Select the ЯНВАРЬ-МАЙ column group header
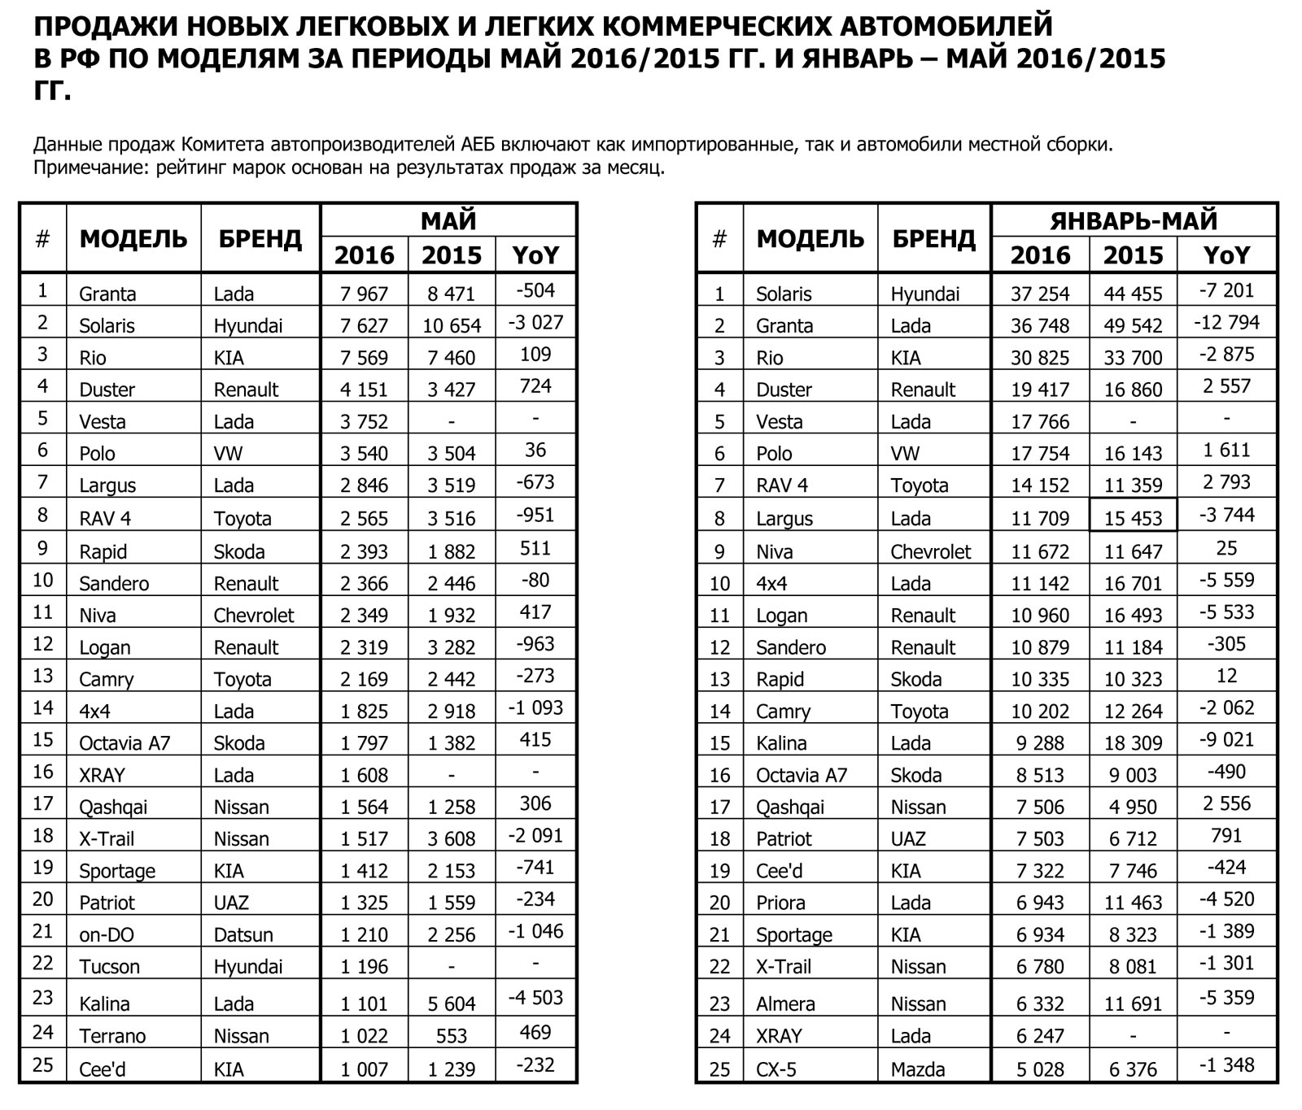[x=1134, y=220]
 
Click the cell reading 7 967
[x=364, y=294]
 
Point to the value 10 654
[x=452, y=325]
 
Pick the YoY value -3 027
[x=535, y=323]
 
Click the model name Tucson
[x=109, y=967]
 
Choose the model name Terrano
[x=112, y=1036]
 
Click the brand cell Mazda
[x=918, y=1069]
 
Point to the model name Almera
[x=785, y=1004]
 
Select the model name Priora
[x=780, y=903]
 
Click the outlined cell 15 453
[x=1133, y=518]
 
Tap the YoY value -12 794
[x=1226, y=323]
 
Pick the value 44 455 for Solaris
[x=1133, y=294]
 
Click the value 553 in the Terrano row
[x=451, y=1036]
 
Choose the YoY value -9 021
[x=1226, y=740]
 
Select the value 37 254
[x=1039, y=294]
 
